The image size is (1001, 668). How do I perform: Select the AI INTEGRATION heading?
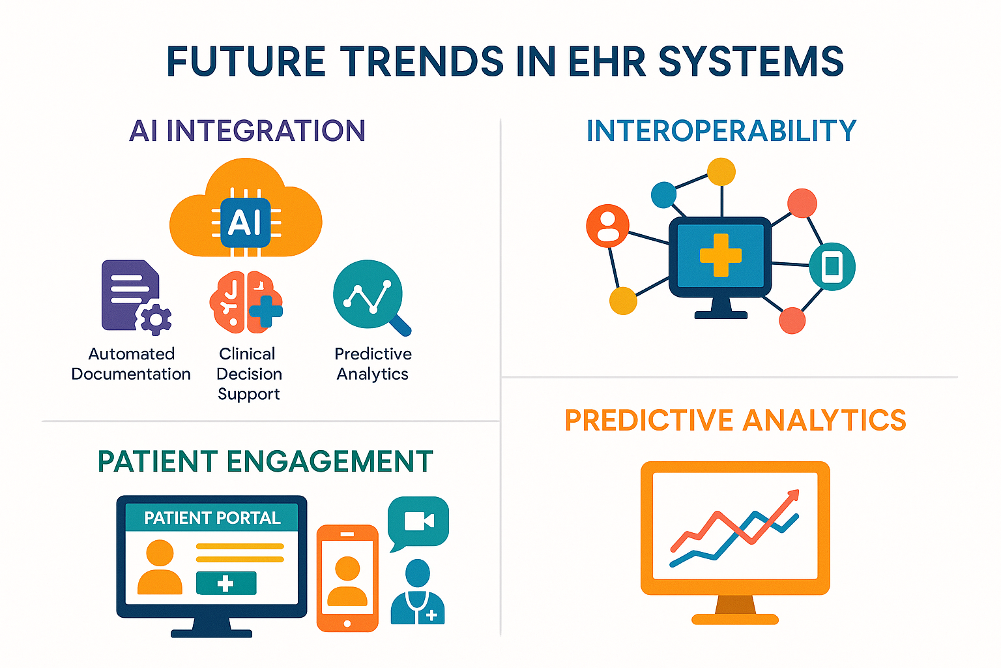[247, 131]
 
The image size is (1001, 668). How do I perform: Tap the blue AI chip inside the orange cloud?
[245, 222]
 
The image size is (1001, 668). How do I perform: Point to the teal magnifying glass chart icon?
[370, 297]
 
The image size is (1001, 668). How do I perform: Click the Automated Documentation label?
[131, 364]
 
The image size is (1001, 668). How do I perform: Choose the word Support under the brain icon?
[248, 394]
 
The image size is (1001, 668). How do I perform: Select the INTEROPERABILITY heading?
[721, 131]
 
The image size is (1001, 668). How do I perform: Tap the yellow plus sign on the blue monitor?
[720, 255]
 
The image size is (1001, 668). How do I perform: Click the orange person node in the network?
[607, 226]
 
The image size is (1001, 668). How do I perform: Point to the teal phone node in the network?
[832, 266]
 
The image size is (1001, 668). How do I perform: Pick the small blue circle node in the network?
[663, 194]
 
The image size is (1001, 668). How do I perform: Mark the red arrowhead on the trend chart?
[792, 496]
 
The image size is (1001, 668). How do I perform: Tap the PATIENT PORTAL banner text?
[212, 518]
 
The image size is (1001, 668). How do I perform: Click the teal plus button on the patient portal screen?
[226, 583]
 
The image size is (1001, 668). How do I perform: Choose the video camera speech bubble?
[418, 521]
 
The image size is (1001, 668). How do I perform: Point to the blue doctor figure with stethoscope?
[417, 594]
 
